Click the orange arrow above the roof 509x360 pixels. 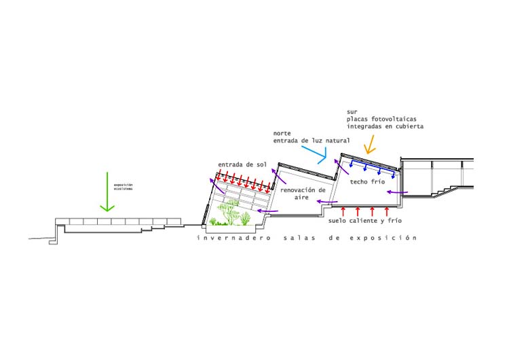[x=371, y=143]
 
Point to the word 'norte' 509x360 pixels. [x=283, y=133]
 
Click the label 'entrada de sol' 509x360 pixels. [x=242, y=165]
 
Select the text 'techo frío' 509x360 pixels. [x=367, y=183]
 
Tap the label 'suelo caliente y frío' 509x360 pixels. [x=362, y=221]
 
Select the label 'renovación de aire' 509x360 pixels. [x=303, y=194]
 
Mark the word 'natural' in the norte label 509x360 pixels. [x=337, y=141]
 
